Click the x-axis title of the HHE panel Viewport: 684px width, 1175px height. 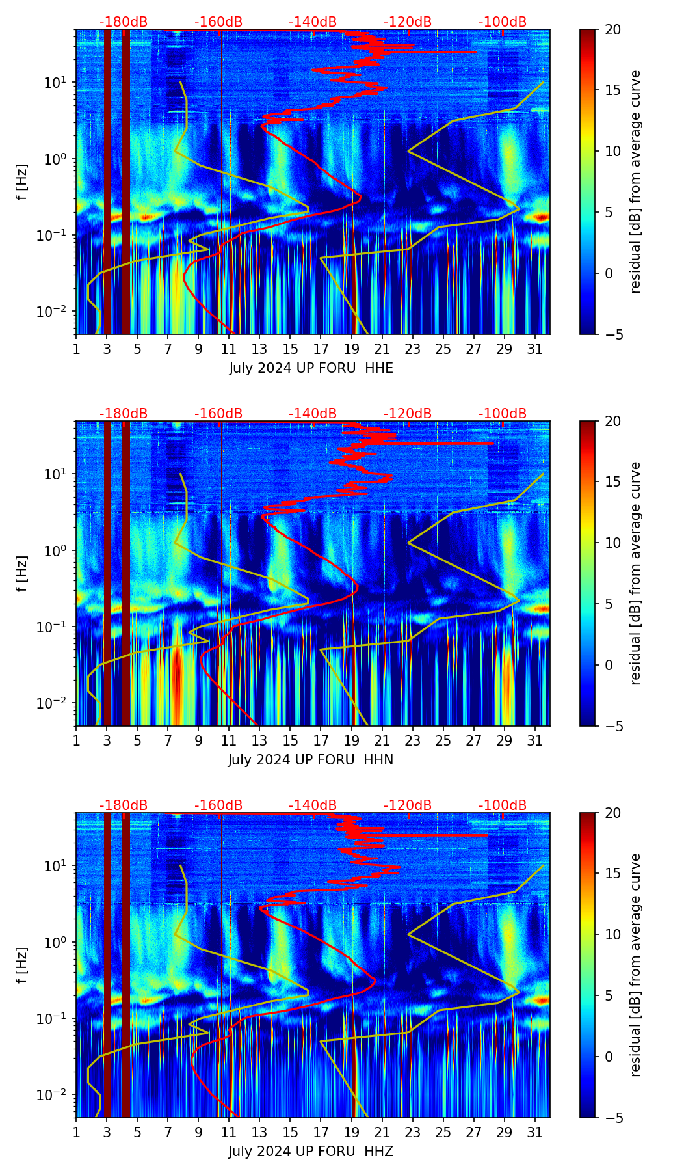click(311, 368)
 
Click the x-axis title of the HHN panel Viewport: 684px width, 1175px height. click(311, 760)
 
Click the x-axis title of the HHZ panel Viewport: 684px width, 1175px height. click(311, 1152)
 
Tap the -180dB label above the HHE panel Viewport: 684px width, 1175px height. click(124, 22)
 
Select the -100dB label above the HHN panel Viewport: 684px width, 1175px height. click(503, 414)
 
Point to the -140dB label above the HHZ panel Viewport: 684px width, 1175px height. click(313, 805)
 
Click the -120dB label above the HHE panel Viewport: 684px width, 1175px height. click(408, 22)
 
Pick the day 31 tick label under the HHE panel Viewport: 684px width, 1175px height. click(535, 349)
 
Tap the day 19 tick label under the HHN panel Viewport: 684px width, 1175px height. click(352, 741)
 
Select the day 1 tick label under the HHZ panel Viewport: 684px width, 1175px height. click(77, 1133)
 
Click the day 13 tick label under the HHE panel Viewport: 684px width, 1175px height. click(260, 349)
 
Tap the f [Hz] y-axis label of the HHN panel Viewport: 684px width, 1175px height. click(22, 573)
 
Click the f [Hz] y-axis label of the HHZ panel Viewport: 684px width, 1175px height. click(22, 965)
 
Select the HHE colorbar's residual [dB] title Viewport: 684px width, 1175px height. click(636, 182)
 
